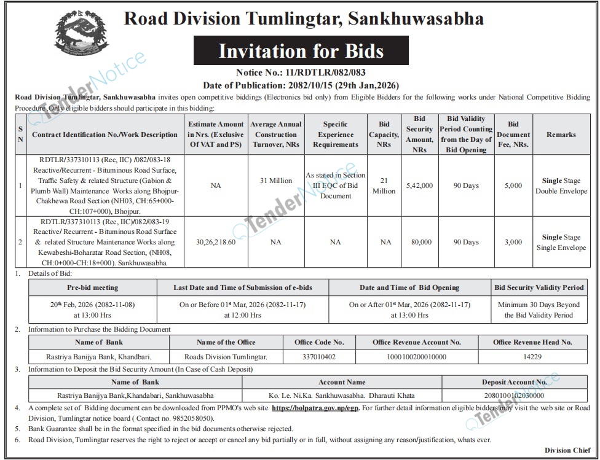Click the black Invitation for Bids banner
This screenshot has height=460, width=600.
pyautogui.click(x=301, y=51)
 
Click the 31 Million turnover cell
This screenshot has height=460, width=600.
pyautogui.click(x=276, y=181)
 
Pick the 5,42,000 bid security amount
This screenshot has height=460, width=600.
pyautogui.click(x=420, y=185)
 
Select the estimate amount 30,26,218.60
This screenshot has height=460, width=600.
pyautogui.click(x=215, y=242)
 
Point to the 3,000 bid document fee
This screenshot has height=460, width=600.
pyautogui.click(x=513, y=242)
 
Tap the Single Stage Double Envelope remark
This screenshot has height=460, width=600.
pyautogui.click(x=561, y=185)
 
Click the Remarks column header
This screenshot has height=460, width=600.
pyautogui.click(x=561, y=134)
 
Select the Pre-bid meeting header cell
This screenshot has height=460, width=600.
pyautogui.click(x=92, y=287)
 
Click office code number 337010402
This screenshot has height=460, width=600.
pyautogui.click(x=319, y=356)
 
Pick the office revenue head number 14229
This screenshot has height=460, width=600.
pyautogui.click(x=532, y=356)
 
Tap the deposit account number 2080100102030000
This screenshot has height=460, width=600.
pyautogui.click(x=514, y=396)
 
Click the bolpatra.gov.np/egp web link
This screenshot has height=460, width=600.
pyautogui.click(x=317, y=408)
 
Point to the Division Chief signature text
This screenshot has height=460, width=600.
pyautogui.click(x=567, y=450)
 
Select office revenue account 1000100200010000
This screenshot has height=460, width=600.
pyautogui.click(x=416, y=356)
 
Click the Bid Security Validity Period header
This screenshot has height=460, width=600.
pyautogui.click(x=539, y=287)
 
